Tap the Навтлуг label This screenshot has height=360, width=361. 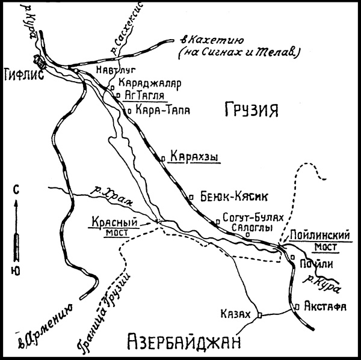point(114,70)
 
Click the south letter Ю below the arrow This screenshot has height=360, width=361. point(16,271)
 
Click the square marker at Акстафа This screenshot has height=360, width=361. point(297,306)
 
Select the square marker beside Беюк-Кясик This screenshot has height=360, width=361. point(191,197)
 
